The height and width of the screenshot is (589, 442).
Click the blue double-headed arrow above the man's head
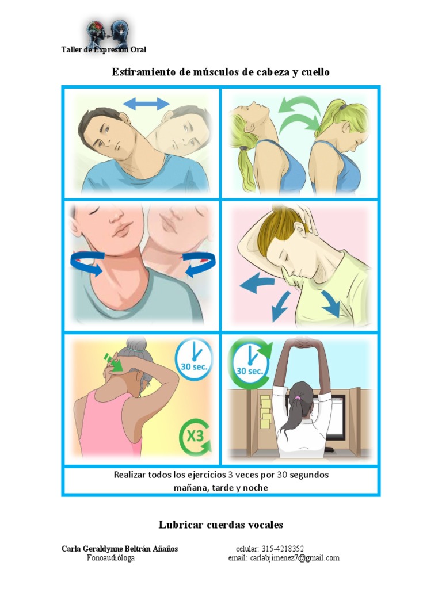pyautogui.click(x=147, y=104)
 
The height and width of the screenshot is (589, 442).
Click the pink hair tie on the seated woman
pyautogui.click(x=298, y=397)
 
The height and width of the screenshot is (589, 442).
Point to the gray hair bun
pyautogui.click(x=137, y=345)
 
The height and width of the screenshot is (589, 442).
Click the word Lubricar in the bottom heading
pyautogui.click(x=180, y=525)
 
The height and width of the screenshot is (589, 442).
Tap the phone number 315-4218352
pyautogui.click(x=282, y=549)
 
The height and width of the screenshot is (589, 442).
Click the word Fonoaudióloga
pyautogui.click(x=110, y=558)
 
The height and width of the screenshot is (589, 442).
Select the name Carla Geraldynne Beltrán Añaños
pyautogui.click(x=120, y=549)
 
